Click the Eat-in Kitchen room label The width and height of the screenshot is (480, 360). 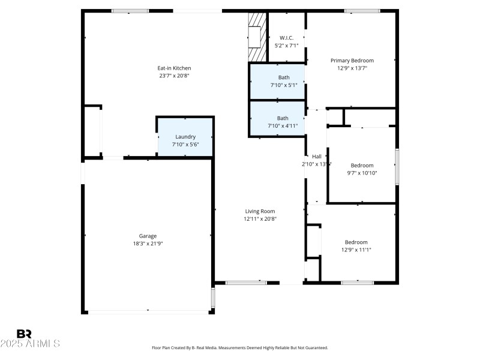point(174,68)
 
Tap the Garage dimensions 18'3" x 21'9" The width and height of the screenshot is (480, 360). point(148,244)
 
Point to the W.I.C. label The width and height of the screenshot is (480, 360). point(286,38)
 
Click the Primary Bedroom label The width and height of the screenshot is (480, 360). point(352,60)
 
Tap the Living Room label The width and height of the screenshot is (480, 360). point(260,211)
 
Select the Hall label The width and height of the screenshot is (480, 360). point(317,156)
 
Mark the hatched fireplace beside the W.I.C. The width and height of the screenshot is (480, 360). point(257,37)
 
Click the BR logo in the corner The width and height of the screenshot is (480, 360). point(24,334)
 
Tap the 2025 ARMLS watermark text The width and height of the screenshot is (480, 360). point(30,344)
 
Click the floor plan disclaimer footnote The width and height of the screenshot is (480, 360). point(240,347)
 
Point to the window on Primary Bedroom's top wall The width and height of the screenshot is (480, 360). point(362,11)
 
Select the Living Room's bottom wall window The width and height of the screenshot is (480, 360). point(246,282)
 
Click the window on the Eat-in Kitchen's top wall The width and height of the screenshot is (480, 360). point(130,11)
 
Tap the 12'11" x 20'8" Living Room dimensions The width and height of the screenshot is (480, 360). point(260,219)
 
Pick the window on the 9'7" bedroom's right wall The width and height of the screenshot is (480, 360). point(397,166)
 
